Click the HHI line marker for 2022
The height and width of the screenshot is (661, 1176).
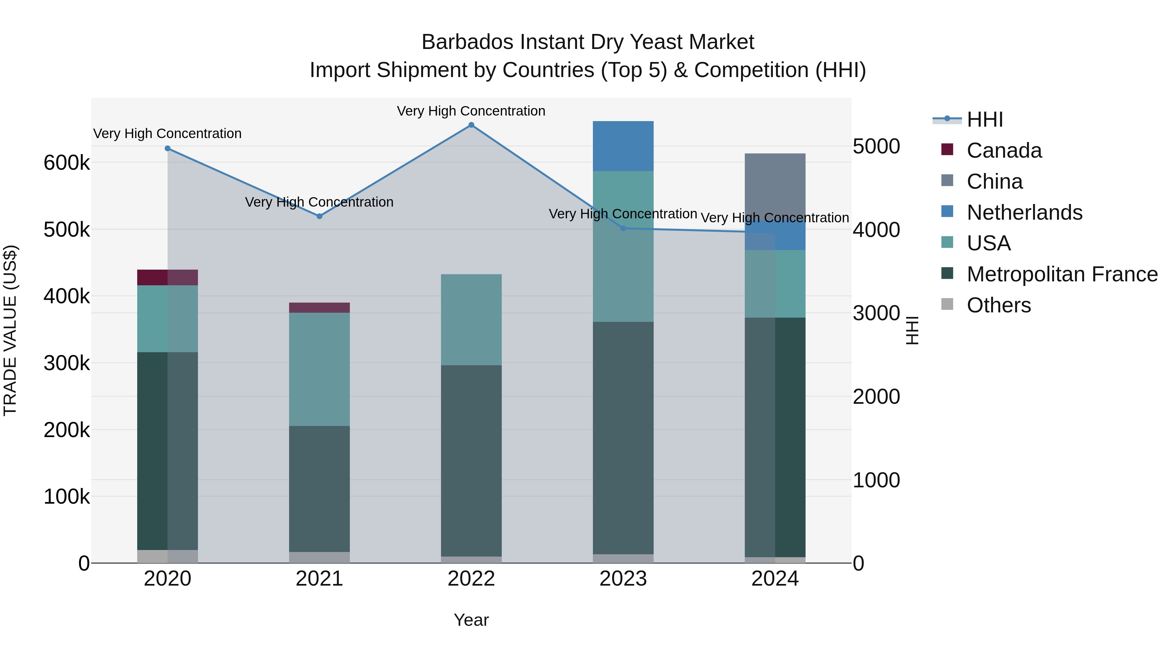tap(471, 125)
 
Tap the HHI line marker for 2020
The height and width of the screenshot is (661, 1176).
tap(168, 148)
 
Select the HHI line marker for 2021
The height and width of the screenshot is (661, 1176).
tap(319, 216)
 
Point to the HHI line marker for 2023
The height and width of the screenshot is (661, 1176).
tap(623, 228)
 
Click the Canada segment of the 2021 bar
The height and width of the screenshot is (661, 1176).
tap(319, 307)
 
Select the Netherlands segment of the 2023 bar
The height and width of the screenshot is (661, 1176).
tap(623, 146)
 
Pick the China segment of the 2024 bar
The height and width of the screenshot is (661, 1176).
tap(775, 187)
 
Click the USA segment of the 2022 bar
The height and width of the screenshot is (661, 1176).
tap(471, 319)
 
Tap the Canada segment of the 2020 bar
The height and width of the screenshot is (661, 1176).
tap(168, 277)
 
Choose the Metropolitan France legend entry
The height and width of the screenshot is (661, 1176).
tap(1062, 274)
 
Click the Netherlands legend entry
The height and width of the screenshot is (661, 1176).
tap(1024, 212)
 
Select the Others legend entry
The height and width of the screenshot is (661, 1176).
tap(998, 305)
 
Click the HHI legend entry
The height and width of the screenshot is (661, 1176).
tap(984, 119)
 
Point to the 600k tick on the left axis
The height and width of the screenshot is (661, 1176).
tap(67, 163)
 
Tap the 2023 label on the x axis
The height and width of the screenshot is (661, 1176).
tap(623, 579)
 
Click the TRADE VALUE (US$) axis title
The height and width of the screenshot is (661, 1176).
tap(10, 330)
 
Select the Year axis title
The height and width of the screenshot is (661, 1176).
tap(471, 620)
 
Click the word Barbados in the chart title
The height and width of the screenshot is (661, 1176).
tap(467, 42)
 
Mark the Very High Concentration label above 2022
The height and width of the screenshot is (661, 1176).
tap(471, 111)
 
